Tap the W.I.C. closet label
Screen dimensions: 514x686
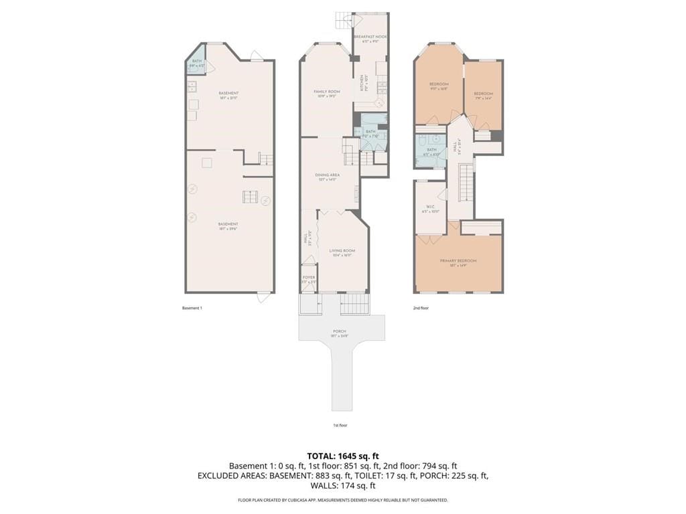[431, 208]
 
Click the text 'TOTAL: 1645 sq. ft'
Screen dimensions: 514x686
[343, 456]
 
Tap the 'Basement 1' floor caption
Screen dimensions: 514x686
[192, 308]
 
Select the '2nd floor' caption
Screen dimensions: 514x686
[421, 308]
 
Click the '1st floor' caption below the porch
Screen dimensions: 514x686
[340, 425]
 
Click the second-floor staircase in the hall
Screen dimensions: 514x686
[466, 181]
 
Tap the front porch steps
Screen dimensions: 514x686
[354, 305]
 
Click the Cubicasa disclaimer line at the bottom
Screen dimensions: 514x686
[343, 500]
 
